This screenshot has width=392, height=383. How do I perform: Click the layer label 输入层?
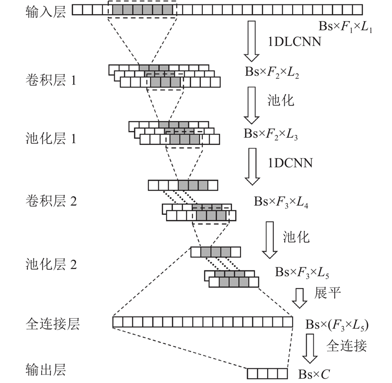46,12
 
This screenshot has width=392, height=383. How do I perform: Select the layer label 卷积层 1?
51,80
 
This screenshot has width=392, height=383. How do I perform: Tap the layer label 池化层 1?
51,139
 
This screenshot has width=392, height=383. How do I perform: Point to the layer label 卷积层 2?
51,201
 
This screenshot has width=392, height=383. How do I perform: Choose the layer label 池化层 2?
51,264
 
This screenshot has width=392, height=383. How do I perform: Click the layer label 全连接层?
53,324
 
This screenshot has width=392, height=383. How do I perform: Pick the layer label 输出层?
46,370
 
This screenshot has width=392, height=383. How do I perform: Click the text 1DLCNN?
294,42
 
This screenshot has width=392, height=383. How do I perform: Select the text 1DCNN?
290,163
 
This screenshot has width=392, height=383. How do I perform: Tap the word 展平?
327,292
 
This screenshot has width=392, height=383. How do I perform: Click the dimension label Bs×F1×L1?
345,27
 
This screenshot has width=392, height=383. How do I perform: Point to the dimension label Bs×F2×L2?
272,72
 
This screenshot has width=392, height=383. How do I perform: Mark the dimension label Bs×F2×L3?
271,134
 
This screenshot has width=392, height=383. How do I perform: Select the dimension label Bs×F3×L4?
281,202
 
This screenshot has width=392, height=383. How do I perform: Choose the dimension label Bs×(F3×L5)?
337,325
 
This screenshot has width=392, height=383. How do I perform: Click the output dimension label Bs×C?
314,374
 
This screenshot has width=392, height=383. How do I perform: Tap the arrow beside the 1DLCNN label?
251,41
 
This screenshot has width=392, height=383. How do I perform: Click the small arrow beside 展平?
299,298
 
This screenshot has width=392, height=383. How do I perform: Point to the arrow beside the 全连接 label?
310,349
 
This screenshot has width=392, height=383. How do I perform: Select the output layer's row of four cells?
268,374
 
